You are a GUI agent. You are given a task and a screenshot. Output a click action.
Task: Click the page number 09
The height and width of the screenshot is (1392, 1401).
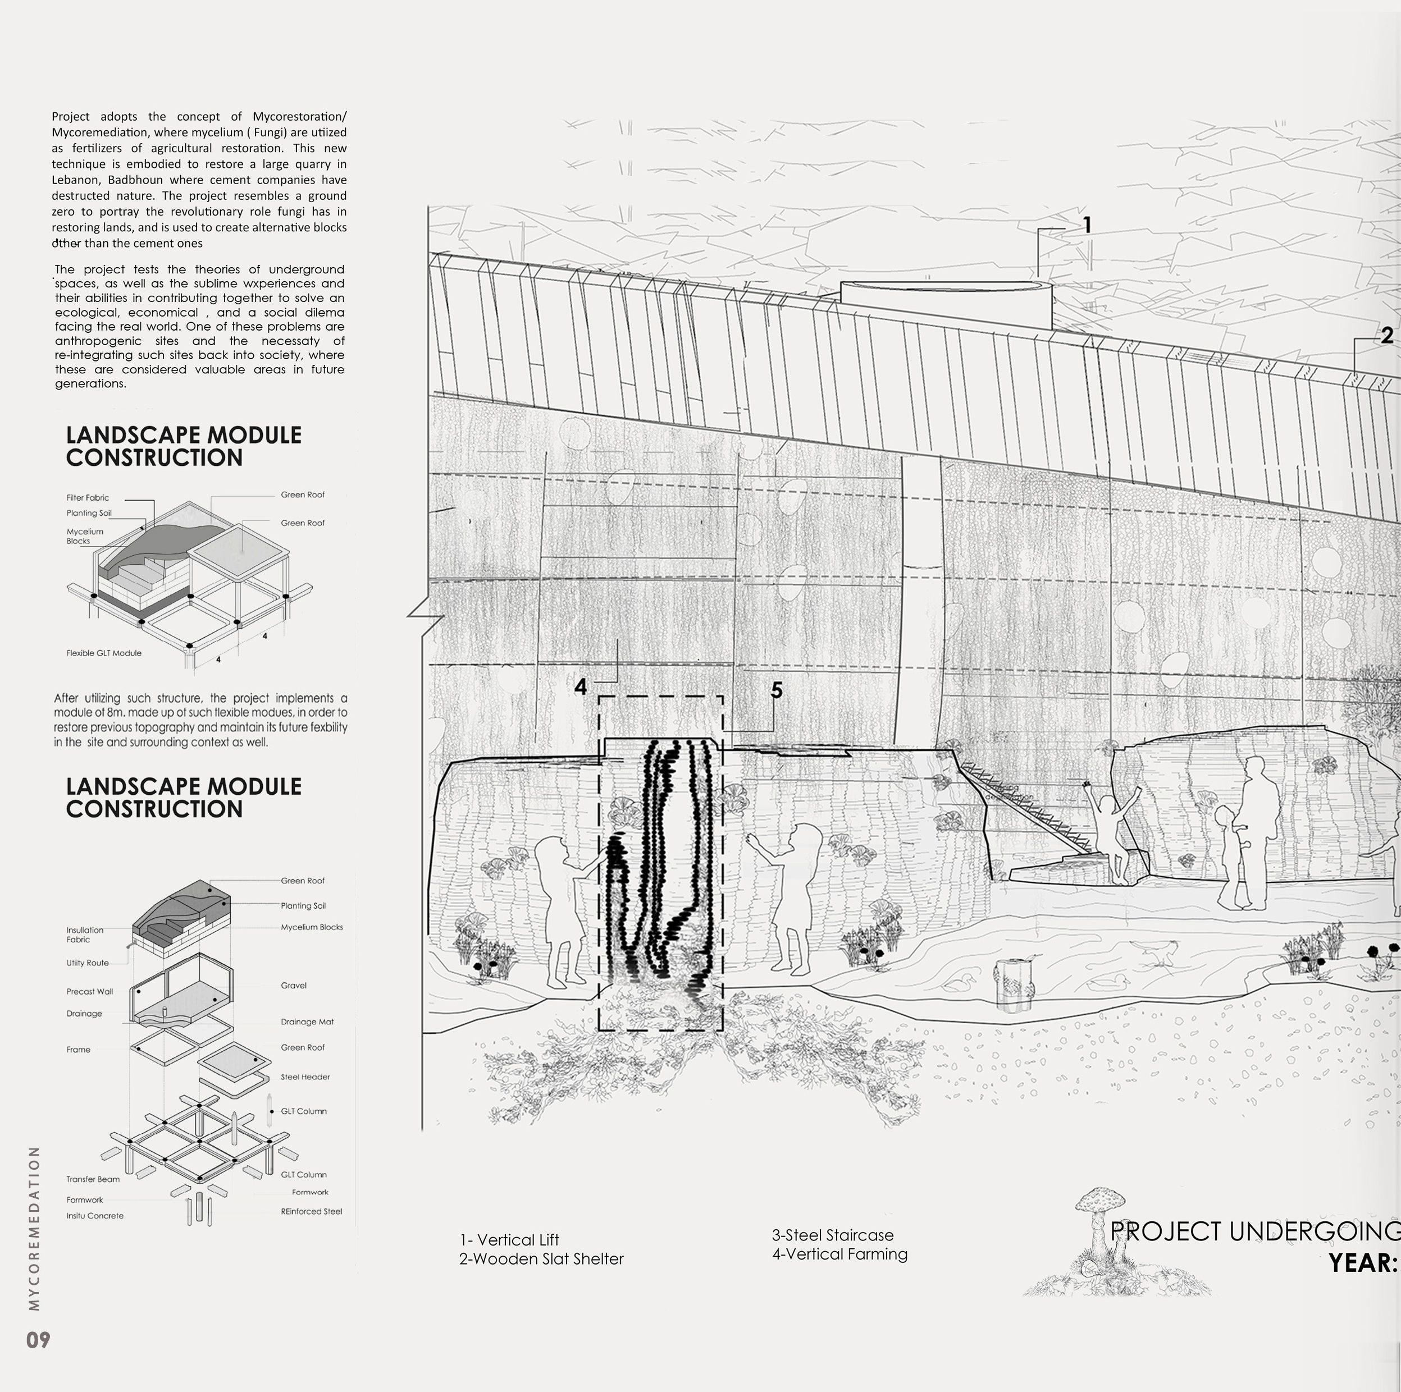click(38, 1340)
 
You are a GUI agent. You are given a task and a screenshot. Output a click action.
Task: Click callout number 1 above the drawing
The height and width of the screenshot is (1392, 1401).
click(1087, 226)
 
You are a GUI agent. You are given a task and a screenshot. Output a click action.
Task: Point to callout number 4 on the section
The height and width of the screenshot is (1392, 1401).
click(580, 686)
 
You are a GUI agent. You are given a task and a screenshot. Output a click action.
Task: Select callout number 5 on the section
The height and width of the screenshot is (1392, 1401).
click(777, 690)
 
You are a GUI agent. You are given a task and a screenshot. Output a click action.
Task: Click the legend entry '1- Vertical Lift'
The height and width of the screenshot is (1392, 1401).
click(509, 1240)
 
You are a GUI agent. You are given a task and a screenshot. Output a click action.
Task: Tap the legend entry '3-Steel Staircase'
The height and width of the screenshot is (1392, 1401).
click(833, 1235)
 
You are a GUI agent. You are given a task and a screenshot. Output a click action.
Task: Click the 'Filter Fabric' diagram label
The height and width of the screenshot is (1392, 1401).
click(88, 497)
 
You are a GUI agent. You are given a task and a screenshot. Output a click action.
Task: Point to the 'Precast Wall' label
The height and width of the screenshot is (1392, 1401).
click(90, 991)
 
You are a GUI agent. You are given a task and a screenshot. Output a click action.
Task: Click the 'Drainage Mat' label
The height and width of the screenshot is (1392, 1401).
click(308, 1022)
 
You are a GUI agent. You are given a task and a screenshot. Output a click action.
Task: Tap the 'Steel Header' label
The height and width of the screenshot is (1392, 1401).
click(305, 1077)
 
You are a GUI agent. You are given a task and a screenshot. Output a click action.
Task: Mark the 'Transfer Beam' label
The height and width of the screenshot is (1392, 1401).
click(93, 1179)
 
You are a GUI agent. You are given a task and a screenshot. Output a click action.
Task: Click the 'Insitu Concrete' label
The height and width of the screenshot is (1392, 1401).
click(95, 1216)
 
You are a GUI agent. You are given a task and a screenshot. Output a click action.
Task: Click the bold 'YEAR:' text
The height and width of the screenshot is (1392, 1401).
click(1362, 1263)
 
